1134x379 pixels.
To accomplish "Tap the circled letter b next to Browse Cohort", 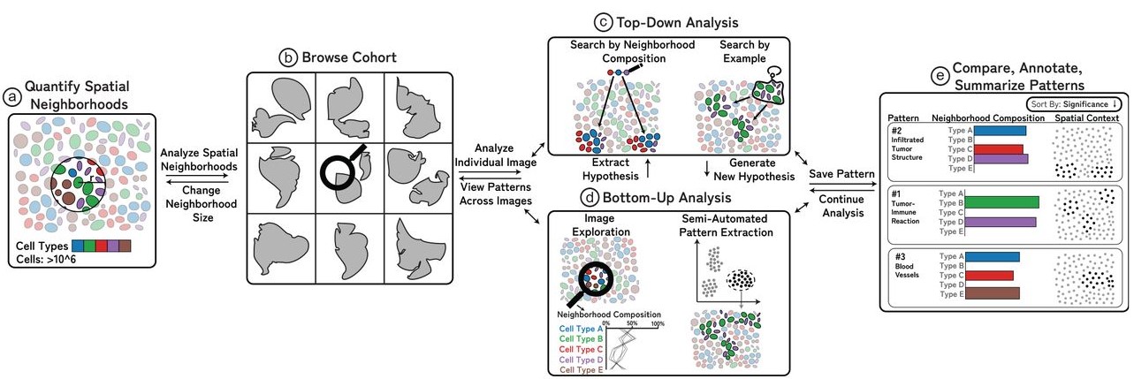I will pyautogui.click(x=286, y=59).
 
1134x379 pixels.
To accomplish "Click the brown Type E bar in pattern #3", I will pyautogui.click(x=993, y=292).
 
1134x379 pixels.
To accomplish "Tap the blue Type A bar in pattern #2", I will pyautogui.click(x=999, y=130).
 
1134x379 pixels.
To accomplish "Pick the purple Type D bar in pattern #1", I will pyautogui.click(x=1002, y=222).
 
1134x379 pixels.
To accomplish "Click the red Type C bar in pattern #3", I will pyautogui.click(x=991, y=275).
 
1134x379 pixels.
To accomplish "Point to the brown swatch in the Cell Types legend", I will pyautogui.click(x=125, y=245).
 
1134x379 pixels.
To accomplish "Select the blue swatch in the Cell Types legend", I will pyautogui.click(x=79, y=245).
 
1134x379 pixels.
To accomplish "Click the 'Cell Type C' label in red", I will pyautogui.click(x=581, y=349).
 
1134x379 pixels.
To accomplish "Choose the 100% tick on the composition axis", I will pyautogui.click(x=657, y=323).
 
